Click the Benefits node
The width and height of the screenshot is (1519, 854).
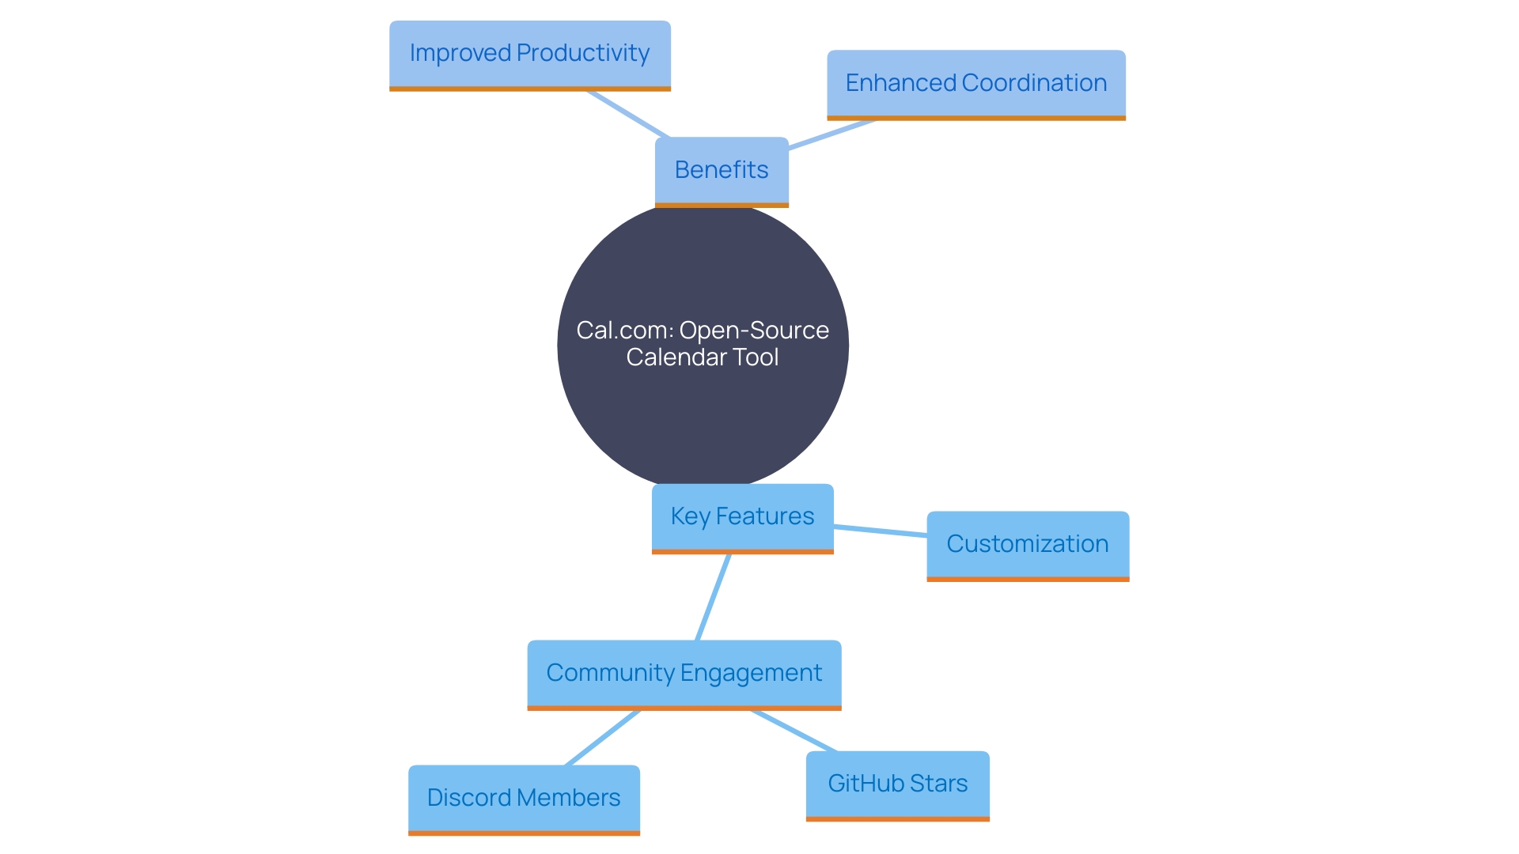(x=722, y=171)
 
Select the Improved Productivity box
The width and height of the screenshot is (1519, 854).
(x=529, y=54)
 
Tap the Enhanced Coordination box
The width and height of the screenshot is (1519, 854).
(x=975, y=84)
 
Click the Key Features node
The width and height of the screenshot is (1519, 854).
(x=742, y=517)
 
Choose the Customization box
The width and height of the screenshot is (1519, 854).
(x=1027, y=545)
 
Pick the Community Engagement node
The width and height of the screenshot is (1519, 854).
(x=684, y=674)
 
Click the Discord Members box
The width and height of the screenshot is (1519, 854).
(x=524, y=799)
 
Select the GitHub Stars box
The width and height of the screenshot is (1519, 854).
(x=897, y=784)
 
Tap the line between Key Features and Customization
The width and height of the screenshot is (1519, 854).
(x=880, y=531)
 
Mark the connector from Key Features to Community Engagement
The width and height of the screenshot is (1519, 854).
(x=713, y=597)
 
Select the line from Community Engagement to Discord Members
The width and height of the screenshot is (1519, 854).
(x=603, y=738)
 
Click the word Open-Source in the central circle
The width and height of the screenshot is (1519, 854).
(x=753, y=331)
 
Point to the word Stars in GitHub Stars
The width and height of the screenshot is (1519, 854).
(x=938, y=784)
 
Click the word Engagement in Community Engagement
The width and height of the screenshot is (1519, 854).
(x=751, y=673)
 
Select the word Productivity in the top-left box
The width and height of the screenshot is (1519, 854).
(x=583, y=53)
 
